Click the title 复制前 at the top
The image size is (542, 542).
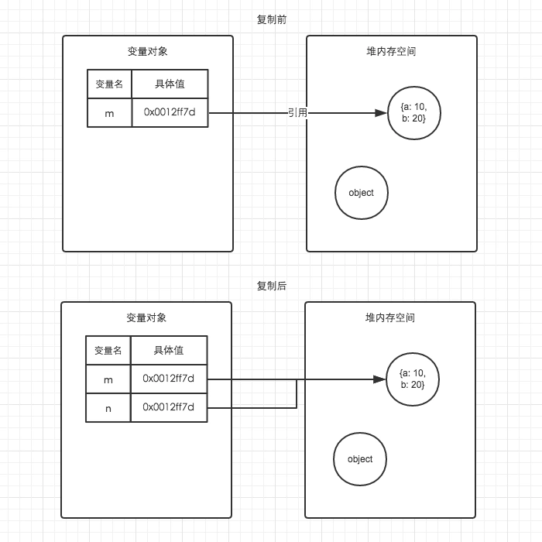[x=271, y=19]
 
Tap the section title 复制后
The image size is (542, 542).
[x=271, y=286]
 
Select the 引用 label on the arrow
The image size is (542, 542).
[x=298, y=113]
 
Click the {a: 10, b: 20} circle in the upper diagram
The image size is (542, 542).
[x=413, y=113]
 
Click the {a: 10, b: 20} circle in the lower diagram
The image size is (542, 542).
[x=413, y=379]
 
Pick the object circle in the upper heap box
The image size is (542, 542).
[x=361, y=193]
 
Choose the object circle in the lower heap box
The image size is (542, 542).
[x=360, y=459]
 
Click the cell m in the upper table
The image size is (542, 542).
[x=109, y=113]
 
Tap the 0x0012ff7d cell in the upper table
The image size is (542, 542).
[x=170, y=113]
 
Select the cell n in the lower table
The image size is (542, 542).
[x=108, y=407]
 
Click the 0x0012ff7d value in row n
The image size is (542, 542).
[x=168, y=407]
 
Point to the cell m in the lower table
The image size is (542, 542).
[x=108, y=379]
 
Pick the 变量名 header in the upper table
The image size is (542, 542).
[x=109, y=84]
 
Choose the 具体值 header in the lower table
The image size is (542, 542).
[x=168, y=351]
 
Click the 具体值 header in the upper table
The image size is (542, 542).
[x=170, y=84]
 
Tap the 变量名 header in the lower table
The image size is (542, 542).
[x=108, y=351]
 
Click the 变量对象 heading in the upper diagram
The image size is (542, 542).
[x=147, y=52]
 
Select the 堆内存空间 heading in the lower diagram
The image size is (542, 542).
[x=390, y=318]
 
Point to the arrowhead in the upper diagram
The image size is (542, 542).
[x=380, y=113]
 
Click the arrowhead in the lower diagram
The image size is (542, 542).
[x=379, y=379]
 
